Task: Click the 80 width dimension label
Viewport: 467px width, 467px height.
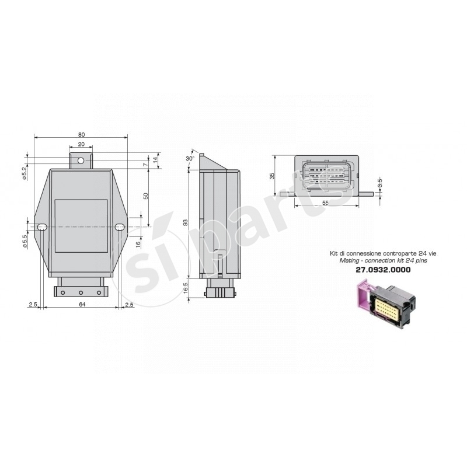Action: (81, 134)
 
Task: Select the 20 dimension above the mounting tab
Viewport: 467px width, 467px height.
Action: (81, 144)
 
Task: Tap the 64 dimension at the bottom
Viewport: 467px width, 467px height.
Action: (81, 304)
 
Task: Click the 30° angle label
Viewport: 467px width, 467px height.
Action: (190, 159)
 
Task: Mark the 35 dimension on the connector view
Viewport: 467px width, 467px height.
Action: (272, 176)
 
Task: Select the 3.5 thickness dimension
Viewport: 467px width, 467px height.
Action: (380, 181)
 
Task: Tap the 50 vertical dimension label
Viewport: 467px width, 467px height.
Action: (146, 197)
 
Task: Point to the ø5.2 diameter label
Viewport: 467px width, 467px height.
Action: (25, 173)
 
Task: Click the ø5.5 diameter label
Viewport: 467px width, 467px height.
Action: (25, 241)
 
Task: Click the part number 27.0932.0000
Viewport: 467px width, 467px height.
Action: (383, 270)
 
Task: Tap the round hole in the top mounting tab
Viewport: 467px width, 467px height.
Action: (82, 158)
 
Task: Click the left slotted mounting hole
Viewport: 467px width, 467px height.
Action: (43, 227)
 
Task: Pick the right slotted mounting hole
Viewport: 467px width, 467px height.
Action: (120, 227)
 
